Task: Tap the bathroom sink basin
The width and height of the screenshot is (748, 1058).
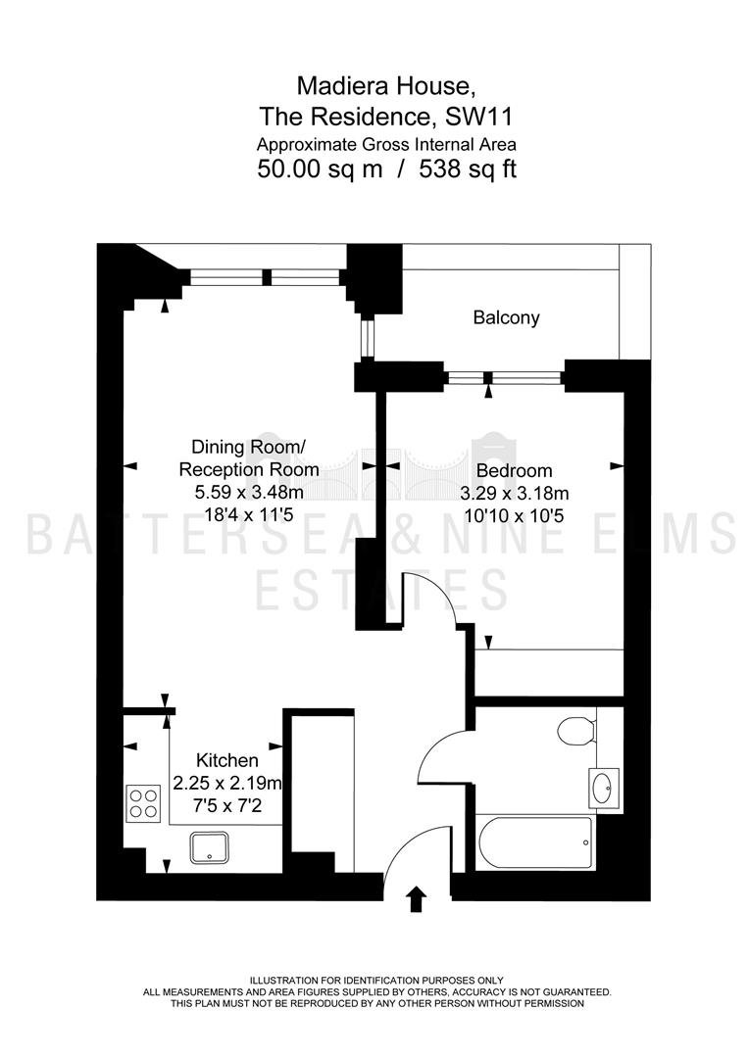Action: pos(604,786)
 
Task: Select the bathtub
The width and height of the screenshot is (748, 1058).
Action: pos(534,842)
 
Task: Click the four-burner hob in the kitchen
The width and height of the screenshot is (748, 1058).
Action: pos(143,803)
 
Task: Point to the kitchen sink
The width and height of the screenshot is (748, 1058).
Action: pos(209,847)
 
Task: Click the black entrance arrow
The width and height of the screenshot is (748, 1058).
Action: pos(417,899)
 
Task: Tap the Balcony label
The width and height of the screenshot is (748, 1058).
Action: pos(506,317)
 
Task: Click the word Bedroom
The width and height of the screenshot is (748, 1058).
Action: pos(515,470)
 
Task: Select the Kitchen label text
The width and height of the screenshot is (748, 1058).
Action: pos(226,760)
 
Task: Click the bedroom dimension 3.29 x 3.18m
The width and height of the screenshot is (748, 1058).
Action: pos(515,493)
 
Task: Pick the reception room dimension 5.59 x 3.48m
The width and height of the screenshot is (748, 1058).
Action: pos(249,493)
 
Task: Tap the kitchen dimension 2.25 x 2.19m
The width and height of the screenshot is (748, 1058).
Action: pos(227,783)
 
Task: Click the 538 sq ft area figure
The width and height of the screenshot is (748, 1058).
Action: pos(468,168)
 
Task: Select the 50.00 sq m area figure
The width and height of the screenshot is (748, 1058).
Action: pos(320,168)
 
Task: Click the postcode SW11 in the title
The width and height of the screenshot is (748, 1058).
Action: pos(478,117)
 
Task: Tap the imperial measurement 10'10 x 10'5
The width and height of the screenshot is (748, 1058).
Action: pos(515,516)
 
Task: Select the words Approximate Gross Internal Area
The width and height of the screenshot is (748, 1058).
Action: pos(386,144)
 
